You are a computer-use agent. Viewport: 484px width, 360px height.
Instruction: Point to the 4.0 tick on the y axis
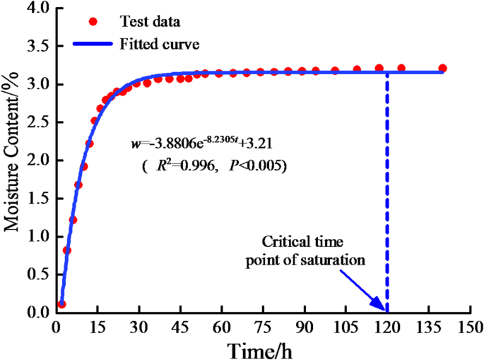tap(37, 8)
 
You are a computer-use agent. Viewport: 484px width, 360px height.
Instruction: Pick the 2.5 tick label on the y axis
tap(37, 122)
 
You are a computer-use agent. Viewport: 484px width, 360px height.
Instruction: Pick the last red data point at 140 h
tap(442, 69)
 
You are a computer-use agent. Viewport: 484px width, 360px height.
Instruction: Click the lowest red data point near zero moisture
tap(61, 304)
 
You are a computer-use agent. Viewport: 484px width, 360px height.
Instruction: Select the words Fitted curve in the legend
tap(160, 44)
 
